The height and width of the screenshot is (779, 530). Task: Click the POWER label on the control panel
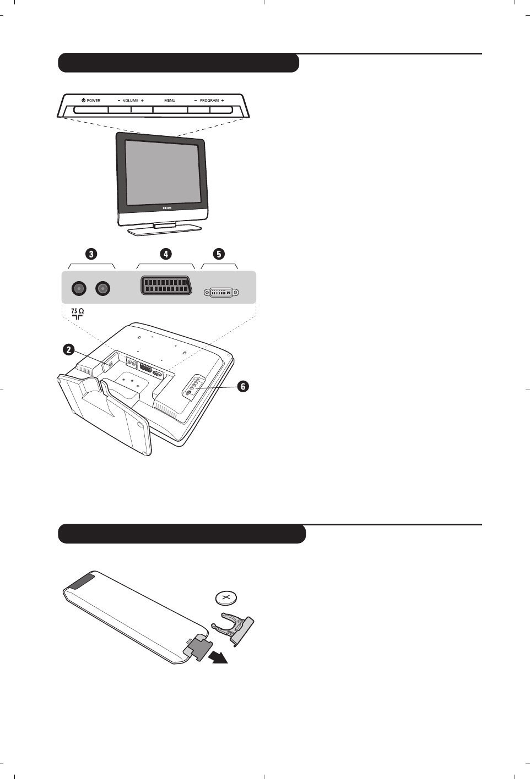[x=93, y=101]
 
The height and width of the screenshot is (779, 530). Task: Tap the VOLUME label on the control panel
[x=131, y=101]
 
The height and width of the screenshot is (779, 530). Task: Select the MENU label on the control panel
[x=170, y=101]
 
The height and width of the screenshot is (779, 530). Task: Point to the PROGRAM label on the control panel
[x=209, y=101]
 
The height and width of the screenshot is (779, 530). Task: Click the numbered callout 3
[x=91, y=254]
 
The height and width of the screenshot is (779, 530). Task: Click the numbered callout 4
[x=166, y=254]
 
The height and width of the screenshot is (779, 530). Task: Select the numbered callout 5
[x=219, y=254]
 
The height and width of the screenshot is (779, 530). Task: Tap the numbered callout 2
[x=68, y=349]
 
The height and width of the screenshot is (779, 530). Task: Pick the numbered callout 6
[x=243, y=386]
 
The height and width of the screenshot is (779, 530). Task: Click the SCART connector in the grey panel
[x=166, y=286]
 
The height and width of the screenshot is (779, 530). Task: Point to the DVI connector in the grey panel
[x=221, y=292]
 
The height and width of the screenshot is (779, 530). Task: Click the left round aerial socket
[x=79, y=288]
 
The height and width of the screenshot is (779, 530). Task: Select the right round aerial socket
[x=102, y=288]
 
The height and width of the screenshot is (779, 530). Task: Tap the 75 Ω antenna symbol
[x=77, y=314]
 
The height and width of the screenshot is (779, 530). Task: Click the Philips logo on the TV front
[x=167, y=208]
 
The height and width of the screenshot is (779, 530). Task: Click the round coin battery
[x=225, y=597]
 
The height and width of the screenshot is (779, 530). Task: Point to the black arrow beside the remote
[x=218, y=656]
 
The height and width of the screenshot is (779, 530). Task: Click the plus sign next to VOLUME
[x=142, y=101]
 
